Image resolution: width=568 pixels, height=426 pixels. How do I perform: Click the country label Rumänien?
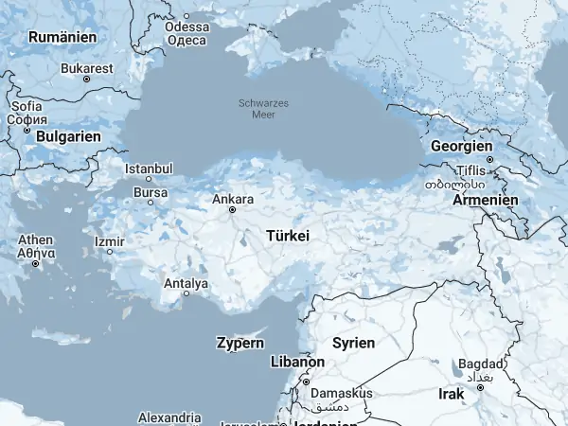coord(63,37)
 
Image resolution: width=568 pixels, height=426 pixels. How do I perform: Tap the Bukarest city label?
coord(86,68)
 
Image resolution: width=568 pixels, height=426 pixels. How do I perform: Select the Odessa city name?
coord(186,27)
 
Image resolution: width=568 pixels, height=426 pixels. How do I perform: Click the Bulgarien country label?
coord(68,136)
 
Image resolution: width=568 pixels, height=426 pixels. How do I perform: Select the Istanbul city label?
coord(149,169)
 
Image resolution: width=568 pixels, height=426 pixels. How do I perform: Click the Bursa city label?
coord(151,193)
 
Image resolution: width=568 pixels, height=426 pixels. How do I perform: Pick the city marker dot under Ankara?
coord(232,210)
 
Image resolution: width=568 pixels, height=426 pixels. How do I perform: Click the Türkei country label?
coord(289,234)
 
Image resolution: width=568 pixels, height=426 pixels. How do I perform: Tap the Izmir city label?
coord(110,240)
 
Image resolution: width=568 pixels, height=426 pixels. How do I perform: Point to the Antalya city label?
coord(186,283)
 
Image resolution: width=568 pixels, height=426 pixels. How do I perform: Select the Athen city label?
coord(35,240)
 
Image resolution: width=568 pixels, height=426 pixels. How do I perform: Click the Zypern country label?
coord(240,343)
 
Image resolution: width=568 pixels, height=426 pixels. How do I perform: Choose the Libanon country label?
coord(297,363)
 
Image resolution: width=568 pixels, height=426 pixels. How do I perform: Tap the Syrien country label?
coord(353,343)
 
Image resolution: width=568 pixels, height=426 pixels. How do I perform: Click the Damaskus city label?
coord(344,393)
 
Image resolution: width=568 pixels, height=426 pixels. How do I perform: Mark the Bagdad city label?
coord(475,364)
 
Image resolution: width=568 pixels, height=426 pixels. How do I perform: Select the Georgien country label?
coord(461,147)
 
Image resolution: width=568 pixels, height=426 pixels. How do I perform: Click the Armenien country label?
coord(486,201)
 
